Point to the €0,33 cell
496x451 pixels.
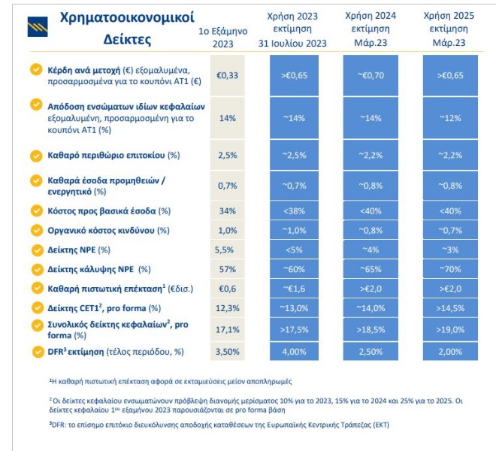click(x=227, y=75)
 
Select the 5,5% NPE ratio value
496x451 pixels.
click(x=226, y=250)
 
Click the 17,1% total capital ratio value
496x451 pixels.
click(x=227, y=328)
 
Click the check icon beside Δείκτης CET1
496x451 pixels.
click(x=35, y=307)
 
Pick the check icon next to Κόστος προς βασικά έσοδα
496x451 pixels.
click(x=35, y=210)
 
